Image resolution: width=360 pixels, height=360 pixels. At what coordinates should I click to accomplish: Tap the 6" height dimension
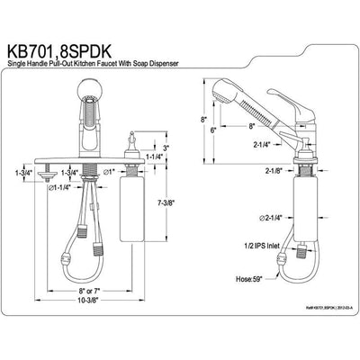[211, 130]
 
